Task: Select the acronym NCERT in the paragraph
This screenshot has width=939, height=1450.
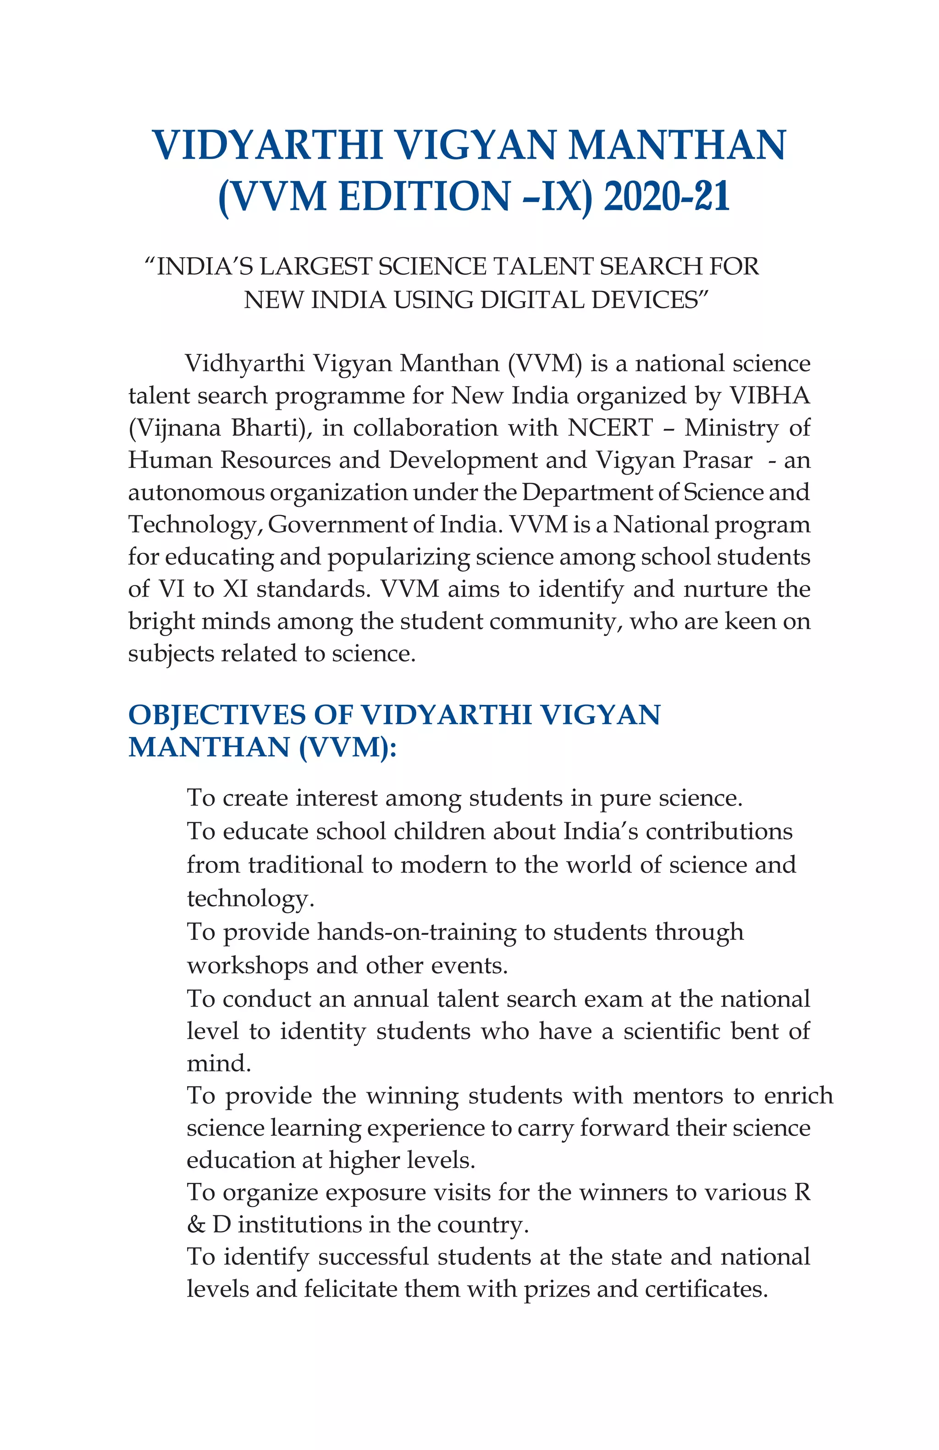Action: (610, 428)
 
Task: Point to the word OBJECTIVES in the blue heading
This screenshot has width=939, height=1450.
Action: (216, 714)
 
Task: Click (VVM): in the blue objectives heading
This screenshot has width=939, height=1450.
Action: (348, 747)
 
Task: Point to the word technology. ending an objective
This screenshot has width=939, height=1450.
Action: (250, 899)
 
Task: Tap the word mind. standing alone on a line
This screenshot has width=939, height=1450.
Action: (219, 1063)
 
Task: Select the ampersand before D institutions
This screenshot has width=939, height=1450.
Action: (196, 1225)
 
